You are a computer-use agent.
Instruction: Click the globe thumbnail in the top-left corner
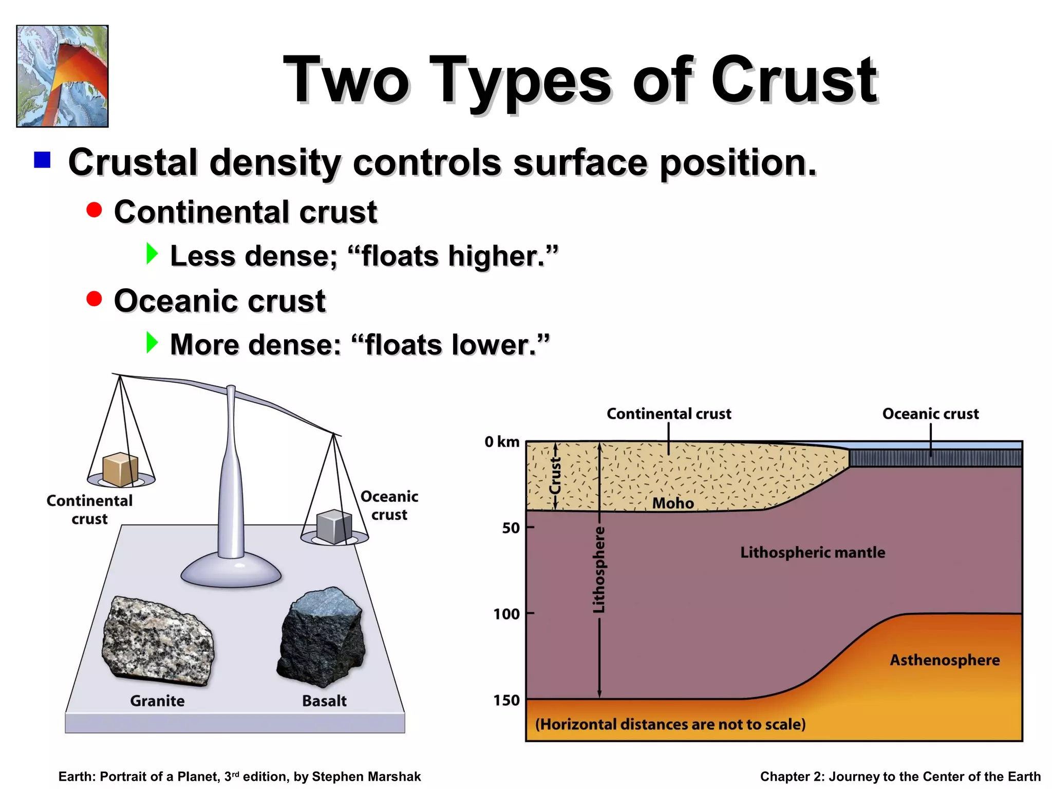62,76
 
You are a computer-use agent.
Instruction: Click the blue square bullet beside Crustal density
42,160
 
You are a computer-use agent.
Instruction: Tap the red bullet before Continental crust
94,210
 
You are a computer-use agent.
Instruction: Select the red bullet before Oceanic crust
94,298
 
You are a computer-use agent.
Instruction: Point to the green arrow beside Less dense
152,254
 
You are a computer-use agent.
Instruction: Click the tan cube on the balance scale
120,469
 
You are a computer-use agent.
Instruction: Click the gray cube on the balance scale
334,527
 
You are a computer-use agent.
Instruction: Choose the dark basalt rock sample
322,637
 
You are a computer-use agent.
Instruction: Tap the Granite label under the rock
157,701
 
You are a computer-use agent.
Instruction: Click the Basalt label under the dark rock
324,701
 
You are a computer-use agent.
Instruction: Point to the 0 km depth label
502,442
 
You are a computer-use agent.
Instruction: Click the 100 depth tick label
506,614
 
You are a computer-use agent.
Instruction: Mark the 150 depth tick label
506,700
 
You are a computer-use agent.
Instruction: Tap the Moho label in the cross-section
673,503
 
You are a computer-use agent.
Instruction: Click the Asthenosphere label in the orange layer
945,660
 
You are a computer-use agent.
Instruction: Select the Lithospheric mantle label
813,553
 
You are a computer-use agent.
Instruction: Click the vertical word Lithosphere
599,569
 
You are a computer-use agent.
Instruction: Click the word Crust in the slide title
794,81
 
